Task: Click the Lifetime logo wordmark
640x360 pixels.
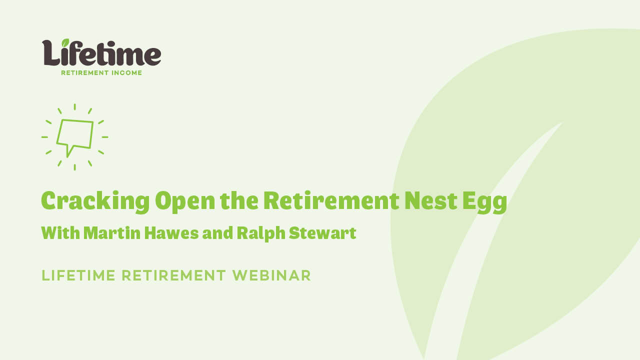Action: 101,53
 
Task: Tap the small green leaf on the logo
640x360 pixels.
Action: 65,43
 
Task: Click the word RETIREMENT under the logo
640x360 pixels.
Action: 85,72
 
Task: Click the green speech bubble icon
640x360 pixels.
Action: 75,136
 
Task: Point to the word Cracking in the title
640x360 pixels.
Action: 95,201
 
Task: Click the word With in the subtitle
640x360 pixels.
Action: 60,233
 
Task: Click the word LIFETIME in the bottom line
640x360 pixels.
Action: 78,275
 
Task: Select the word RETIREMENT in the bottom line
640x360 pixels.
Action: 174,275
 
